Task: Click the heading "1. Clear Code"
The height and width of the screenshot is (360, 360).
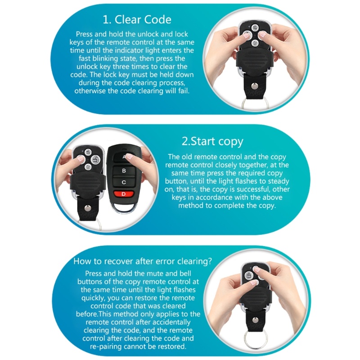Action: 137,19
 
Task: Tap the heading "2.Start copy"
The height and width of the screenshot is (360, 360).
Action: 212,141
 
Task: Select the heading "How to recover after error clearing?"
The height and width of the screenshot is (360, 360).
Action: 143,261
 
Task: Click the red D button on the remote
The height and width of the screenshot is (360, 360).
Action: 123,194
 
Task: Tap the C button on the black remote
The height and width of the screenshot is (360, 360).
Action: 123,182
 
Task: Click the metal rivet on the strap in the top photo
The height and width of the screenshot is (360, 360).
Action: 254,86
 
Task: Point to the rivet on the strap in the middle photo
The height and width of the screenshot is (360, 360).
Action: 87,208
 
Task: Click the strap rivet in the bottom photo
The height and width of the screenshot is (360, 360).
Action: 255,320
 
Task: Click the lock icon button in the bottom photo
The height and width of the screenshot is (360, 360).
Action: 249,275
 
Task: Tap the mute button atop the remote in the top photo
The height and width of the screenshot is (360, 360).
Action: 255,28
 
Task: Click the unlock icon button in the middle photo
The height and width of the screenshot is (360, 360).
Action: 95,159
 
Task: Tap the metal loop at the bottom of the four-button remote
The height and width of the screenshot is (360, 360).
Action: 121,208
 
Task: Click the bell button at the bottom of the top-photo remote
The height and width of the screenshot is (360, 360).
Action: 255,43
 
